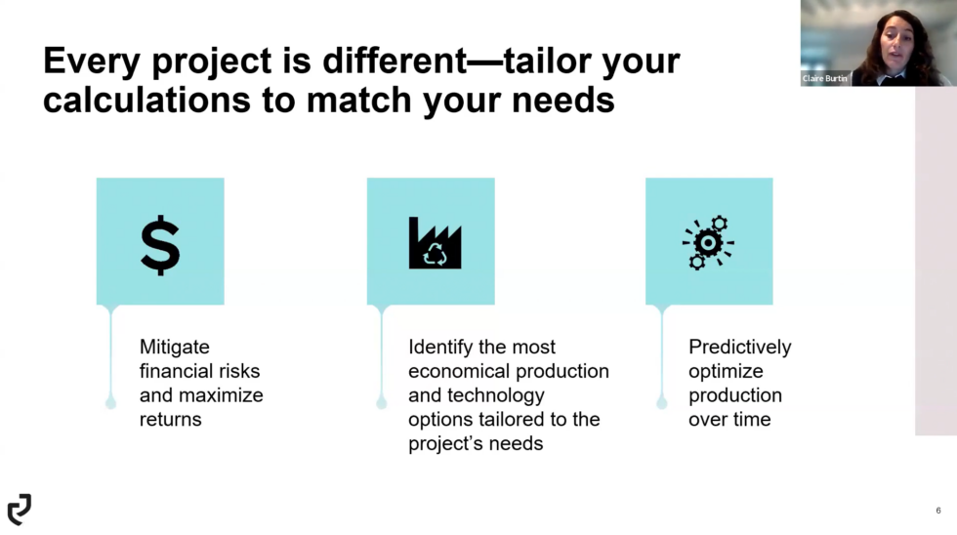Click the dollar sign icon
pos(160,245)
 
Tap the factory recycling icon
pos(436,243)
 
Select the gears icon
pos(708,243)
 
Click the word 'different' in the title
pos(395,61)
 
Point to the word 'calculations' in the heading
pos(146,100)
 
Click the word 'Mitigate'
pos(175,347)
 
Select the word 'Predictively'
pos(740,347)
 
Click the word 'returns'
pos(170,420)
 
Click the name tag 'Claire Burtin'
pos(824,78)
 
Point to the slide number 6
pos(938,511)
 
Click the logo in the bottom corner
pos(20,510)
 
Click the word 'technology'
pos(496,395)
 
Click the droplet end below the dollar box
pos(110,402)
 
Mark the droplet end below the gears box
pos(662,402)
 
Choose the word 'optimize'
pos(726,371)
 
